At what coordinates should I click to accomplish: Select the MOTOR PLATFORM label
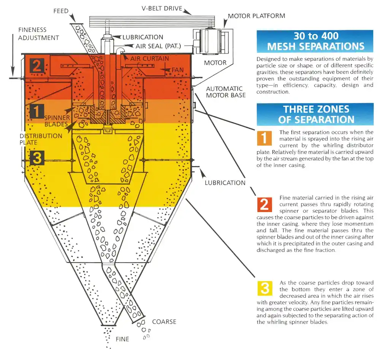(256, 16)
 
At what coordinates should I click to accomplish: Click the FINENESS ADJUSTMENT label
(38, 33)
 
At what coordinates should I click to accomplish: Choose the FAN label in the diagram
(177, 70)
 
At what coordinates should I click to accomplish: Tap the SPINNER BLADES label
(56, 121)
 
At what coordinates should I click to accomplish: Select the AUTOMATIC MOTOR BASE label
(226, 92)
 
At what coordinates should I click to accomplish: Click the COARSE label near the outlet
(164, 322)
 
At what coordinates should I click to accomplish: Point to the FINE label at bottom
(122, 339)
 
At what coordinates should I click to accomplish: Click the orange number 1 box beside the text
(264, 137)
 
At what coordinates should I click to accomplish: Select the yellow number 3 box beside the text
(264, 288)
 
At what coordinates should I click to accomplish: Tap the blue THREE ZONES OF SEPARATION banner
(315, 114)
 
